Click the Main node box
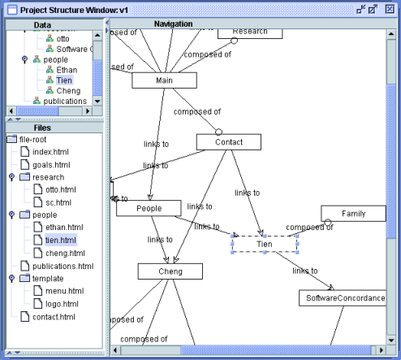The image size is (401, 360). (165, 80)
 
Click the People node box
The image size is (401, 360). (148, 208)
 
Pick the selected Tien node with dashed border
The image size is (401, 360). (265, 244)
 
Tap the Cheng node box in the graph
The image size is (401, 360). (170, 271)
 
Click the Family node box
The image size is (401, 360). (353, 214)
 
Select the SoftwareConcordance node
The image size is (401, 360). (344, 298)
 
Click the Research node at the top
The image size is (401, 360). (249, 32)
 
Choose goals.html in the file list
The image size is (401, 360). (53, 164)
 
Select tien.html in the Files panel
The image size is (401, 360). (61, 241)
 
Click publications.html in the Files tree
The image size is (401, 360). (63, 266)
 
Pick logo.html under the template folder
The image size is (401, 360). (62, 303)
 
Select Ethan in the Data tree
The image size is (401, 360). (67, 70)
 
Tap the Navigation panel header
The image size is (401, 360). (173, 24)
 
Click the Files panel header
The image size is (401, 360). (43, 127)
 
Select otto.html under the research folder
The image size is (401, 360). (61, 189)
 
